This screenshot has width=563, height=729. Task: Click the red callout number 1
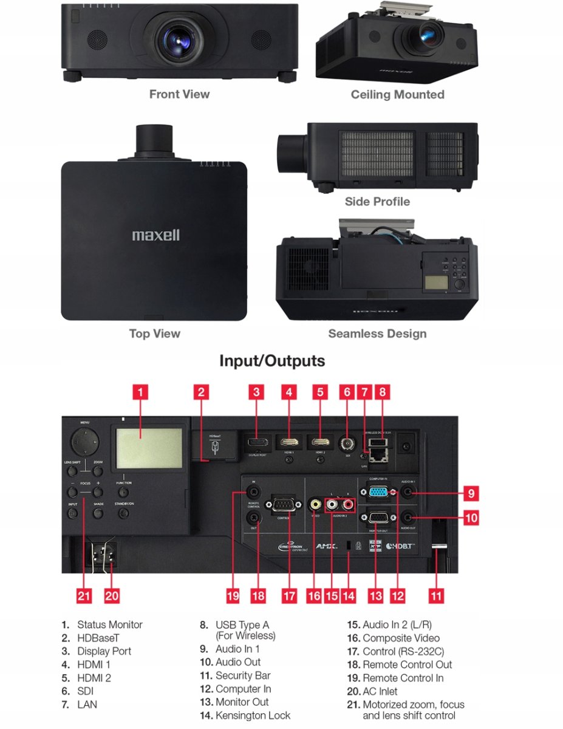click(x=140, y=392)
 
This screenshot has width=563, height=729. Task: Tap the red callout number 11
click(x=435, y=595)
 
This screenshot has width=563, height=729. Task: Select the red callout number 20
click(x=112, y=595)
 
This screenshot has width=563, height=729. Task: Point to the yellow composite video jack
click(x=315, y=504)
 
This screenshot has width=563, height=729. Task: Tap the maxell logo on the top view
click(x=156, y=235)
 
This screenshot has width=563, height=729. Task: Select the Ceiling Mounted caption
click(x=397, y=95)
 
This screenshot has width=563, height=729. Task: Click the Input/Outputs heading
click(x=272, y=361)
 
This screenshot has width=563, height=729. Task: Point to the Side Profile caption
click(x=377, y=202)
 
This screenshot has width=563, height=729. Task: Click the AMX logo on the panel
click(x=326, y=546)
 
